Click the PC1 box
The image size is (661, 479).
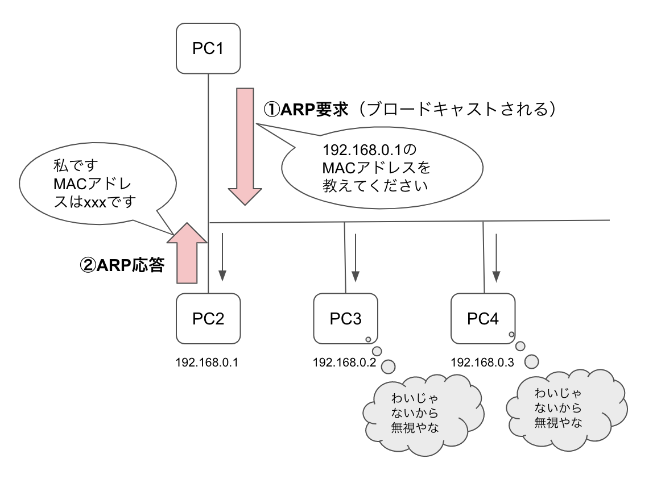pos(208,48)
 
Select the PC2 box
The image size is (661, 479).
pos(208,319)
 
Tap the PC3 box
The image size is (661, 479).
pos(346,319)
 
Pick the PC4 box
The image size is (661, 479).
pos(483,319)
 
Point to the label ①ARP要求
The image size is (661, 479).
pos(305,109)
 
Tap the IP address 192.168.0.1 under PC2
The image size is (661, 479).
pos(206,362)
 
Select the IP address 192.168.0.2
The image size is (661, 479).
pos(345,362)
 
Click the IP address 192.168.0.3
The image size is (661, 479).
pos(482,362)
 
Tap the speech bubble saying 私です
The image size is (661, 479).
pos(91,185)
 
